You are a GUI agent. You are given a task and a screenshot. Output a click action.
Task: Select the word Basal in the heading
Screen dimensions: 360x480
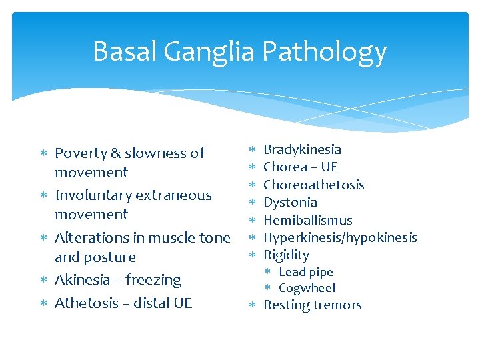pos(126,51)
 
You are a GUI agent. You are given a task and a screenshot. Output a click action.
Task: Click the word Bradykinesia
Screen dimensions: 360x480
pos(302,150)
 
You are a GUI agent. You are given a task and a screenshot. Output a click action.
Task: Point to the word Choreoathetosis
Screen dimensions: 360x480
pos(314,185)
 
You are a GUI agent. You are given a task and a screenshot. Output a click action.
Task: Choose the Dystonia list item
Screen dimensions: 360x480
pos(290,202)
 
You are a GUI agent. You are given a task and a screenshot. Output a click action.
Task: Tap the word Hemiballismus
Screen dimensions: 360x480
pos(308,220)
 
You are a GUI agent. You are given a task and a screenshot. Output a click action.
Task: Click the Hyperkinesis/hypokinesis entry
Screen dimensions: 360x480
pos(340,237)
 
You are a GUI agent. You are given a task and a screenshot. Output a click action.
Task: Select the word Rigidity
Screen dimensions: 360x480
pos(286,255)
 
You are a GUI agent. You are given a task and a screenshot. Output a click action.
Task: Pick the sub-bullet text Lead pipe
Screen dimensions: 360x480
pos(305,272)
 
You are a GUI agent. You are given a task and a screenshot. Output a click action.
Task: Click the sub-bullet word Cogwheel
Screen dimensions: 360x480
pos(307,288)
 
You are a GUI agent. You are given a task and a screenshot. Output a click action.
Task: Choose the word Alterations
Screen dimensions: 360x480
pos(91,238)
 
